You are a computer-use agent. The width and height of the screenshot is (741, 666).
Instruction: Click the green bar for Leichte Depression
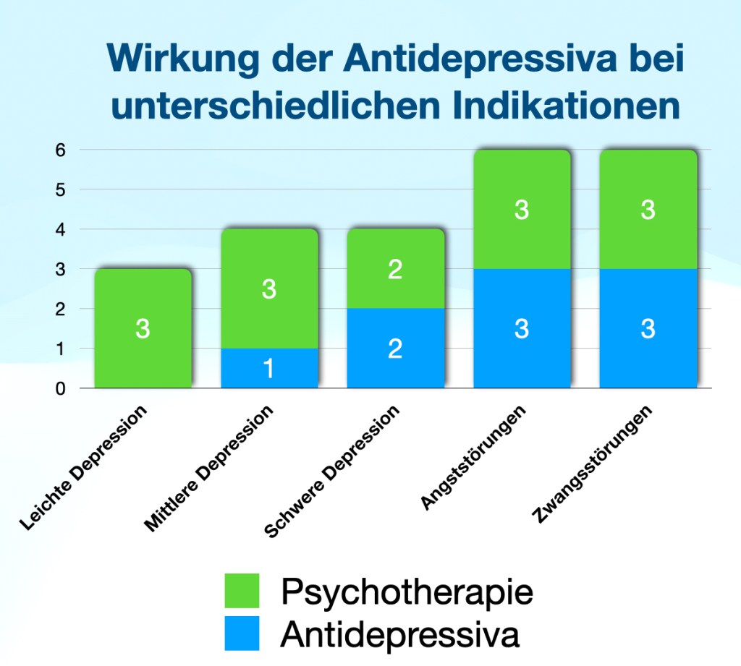tap(143, 328)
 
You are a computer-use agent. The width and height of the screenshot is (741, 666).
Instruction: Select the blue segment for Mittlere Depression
tap(269, 369)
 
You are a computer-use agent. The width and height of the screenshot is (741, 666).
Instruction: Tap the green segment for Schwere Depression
tap(395, 269)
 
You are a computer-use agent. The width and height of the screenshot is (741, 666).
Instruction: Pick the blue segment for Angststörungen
tap(522, 328)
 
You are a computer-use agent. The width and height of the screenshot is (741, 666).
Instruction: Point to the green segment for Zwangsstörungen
tap(648, 210)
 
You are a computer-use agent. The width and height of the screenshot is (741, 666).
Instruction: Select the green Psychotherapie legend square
tap(242, 592)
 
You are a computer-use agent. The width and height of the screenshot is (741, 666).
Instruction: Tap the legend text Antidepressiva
tap(399, 634)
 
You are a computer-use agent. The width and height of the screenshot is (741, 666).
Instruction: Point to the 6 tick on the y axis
tap(62, 150)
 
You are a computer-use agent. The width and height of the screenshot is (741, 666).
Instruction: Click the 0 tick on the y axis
tap(62, 388)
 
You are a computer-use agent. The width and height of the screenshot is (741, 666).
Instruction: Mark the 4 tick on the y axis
tap(62, 229)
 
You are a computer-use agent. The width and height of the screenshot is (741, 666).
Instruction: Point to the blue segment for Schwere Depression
tap(395, 349)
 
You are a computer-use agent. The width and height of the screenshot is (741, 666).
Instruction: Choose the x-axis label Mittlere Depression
tap(211, 469)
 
